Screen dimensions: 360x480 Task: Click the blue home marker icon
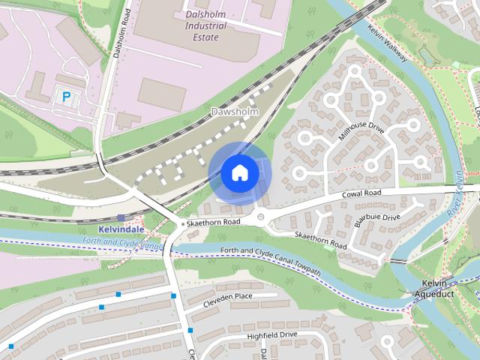239,172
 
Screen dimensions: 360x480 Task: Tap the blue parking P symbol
66,96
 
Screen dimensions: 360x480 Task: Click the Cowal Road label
361,193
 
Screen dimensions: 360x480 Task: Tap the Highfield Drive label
272,334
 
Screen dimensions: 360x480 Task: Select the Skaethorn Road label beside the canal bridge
214,223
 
